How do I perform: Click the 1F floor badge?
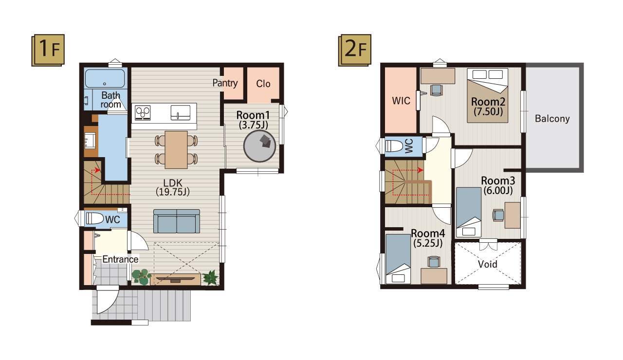48,50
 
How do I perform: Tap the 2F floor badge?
355,50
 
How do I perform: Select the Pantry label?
225,83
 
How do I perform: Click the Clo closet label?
263,84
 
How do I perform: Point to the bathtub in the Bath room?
105,78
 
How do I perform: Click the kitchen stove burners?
143,112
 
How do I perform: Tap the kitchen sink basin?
181,112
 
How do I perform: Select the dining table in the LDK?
176,149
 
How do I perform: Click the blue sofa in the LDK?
177,221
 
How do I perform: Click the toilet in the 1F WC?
94,218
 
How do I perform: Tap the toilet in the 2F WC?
394,145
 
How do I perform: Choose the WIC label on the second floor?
401,101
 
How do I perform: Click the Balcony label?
552,119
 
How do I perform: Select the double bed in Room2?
488,95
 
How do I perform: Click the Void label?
488,264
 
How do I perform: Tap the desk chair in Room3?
498,215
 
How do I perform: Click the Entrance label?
120,259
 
